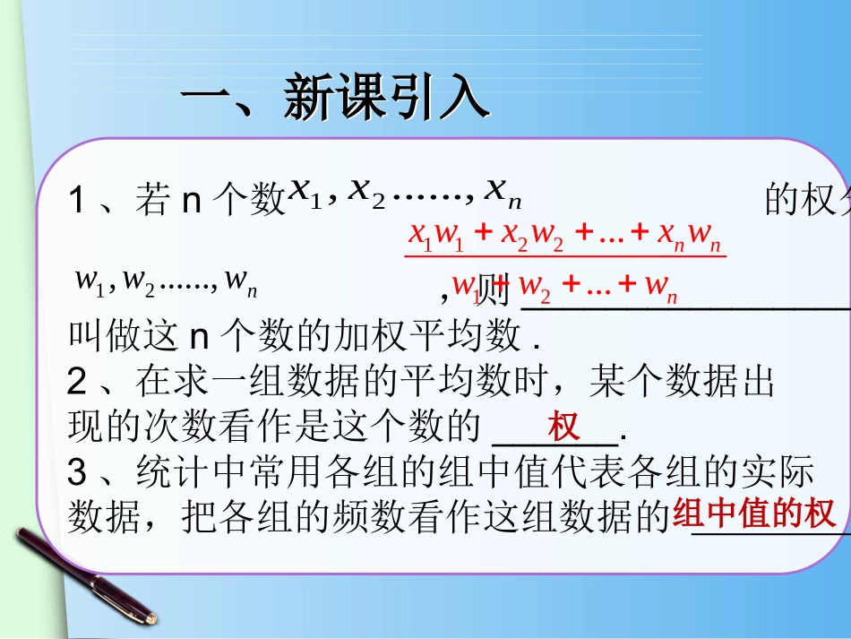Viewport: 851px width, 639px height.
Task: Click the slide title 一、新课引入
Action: (336, 98)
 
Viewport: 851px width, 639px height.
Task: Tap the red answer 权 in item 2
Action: (564, 427)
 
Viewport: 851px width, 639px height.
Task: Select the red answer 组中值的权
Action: (754, 514)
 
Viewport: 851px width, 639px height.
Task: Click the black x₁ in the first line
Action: (304, 190)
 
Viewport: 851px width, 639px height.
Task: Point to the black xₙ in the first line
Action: (503, 190)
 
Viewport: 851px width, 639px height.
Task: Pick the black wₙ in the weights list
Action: (241, 281)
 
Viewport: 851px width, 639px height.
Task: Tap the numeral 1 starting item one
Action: (77, 201)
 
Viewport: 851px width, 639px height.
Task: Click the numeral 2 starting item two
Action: (77, 384)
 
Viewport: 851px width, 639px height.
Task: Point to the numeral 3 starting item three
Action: (77, 471)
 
